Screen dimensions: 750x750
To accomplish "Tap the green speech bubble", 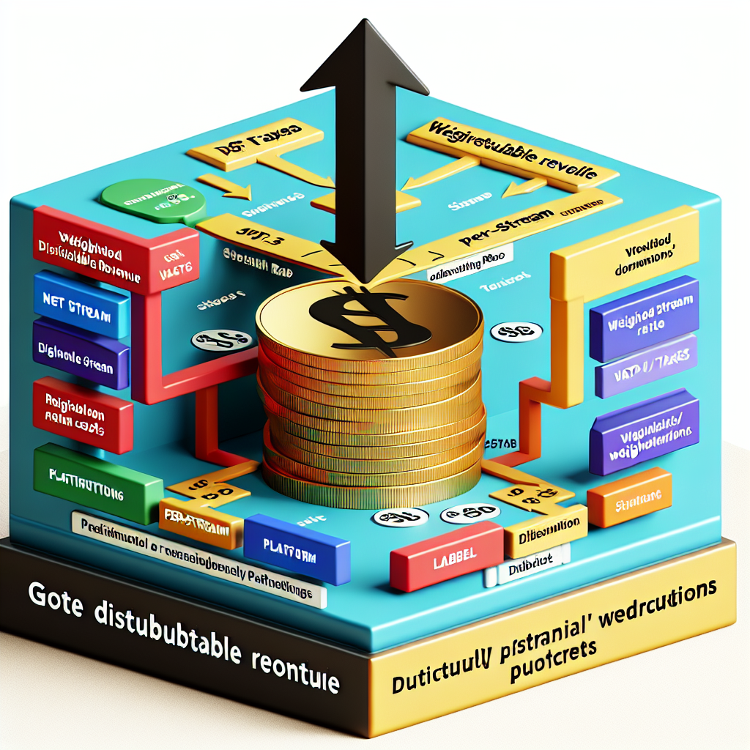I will [152, 198].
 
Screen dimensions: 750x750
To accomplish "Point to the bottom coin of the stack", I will [374, 483].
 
